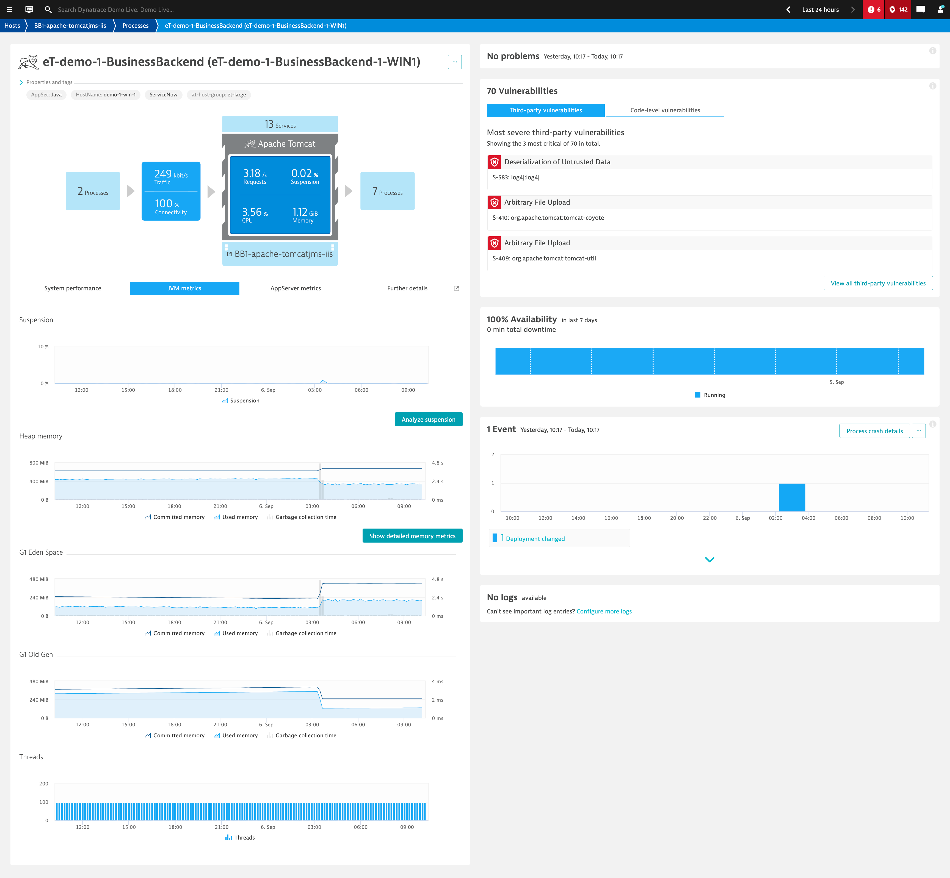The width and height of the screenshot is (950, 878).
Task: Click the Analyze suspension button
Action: tap(428, 419)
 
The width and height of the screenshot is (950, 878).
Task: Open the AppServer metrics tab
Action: tap(295, 288)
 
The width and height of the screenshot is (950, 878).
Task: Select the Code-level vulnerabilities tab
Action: tap(665, 110)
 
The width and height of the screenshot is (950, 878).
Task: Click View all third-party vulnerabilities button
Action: tap(878, 283)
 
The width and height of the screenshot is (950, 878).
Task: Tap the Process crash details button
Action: tap(874, 431)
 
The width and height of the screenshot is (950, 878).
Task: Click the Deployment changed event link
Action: tap(535, 539)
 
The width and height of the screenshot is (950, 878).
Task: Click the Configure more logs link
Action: tap(604, 612)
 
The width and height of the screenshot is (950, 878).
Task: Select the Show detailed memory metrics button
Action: tap(412, 536)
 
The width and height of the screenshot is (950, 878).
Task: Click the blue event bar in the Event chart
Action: tap(792, 497)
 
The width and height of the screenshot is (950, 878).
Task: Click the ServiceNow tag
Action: tap(163, 95)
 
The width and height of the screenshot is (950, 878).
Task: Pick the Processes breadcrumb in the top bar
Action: tap(135, 26)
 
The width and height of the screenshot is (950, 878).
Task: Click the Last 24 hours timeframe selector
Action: tap(820, 10)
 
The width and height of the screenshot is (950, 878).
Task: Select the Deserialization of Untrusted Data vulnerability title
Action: tap(557, 162)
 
